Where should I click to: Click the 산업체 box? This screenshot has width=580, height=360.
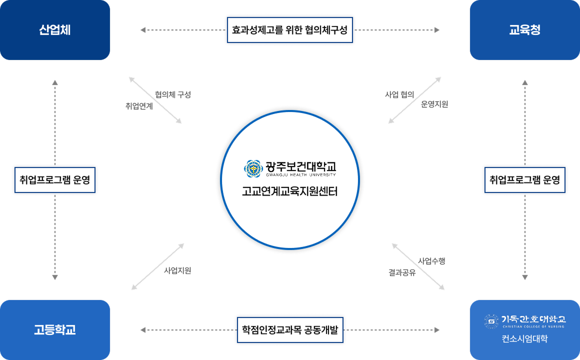click(55, 30)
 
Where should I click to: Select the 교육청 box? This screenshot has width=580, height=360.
click(524, 30)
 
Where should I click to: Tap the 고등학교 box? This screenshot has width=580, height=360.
click(55, 330)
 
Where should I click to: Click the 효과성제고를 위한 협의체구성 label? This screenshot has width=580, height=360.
click(290, 30)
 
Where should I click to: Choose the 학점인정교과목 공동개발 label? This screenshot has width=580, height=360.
click(290, 330)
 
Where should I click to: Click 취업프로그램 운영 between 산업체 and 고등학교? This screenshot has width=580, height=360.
click(55, 179)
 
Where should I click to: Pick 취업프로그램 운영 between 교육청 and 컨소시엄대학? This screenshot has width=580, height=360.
click(524, 179)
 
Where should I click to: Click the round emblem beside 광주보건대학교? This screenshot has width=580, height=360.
click(253, 168)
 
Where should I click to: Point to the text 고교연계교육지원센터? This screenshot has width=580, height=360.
click(289, 191)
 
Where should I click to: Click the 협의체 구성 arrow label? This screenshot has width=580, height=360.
click(172, 94)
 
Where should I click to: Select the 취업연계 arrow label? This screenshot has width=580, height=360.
click(139, 106)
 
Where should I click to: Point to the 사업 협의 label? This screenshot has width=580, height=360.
click(399, 94)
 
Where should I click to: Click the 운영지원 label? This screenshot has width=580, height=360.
click(434, 104)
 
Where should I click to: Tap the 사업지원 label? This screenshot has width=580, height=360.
click(177, 270)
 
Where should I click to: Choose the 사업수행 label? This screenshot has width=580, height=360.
click(431, 260)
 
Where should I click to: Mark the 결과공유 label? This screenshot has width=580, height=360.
click(402, 272)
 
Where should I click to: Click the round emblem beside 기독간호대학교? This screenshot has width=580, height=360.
click(491, 320)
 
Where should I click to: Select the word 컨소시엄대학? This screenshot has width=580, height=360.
click(524, 339)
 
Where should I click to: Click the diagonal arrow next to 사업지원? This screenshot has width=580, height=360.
click(157, 266)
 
